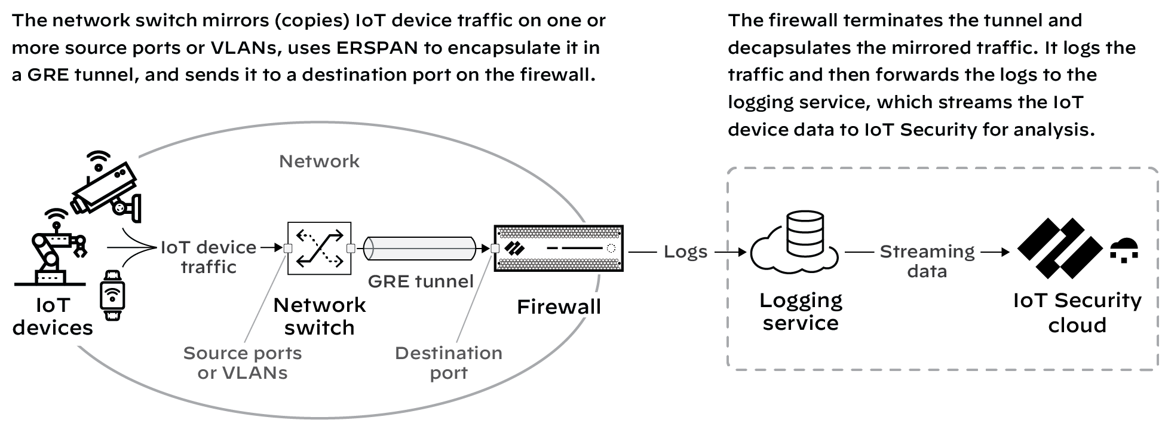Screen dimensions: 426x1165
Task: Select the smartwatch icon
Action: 112,295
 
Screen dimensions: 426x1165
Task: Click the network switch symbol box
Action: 319,248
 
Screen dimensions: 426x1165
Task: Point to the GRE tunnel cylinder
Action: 421,248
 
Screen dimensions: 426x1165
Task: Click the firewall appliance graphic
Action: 559,248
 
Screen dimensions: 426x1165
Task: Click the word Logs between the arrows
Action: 685,252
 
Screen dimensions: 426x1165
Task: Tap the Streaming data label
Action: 927,261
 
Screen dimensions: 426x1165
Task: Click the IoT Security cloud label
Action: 1077,312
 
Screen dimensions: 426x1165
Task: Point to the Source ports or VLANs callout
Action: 243,363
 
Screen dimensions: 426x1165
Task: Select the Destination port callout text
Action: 449,363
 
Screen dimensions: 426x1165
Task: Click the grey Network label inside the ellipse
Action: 319,161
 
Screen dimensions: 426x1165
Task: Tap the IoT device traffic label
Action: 209,257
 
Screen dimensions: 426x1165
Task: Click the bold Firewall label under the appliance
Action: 559,307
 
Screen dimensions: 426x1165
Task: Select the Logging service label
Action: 801,311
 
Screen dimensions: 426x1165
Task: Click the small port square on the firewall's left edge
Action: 495,249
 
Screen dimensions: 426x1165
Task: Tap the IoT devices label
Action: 53,317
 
